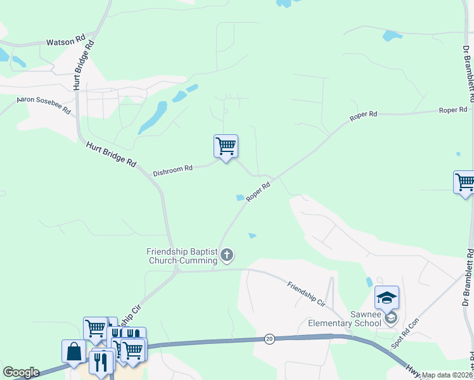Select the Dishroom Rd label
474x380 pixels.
click(x=172, y=170)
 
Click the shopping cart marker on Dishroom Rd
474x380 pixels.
click(x=226, y=146)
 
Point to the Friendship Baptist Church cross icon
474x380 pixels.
click(x=227, y=255)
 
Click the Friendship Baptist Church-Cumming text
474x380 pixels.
click(x=183, y=256)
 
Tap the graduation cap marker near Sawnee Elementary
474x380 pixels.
click(x=387, y=297)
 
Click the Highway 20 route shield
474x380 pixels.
click(x=269, y=339)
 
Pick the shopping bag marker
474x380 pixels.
click(x=74, y=351)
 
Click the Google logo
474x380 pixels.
click(x=21, y=372)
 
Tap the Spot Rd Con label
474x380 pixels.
click(x=406, y=333)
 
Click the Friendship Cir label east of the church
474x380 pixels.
click(x=305, y=294)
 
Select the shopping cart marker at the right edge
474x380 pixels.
click(x=465, y=182)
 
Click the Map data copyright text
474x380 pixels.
click(x=447, y=375)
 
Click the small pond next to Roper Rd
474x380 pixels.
click(x=241, y=198)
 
